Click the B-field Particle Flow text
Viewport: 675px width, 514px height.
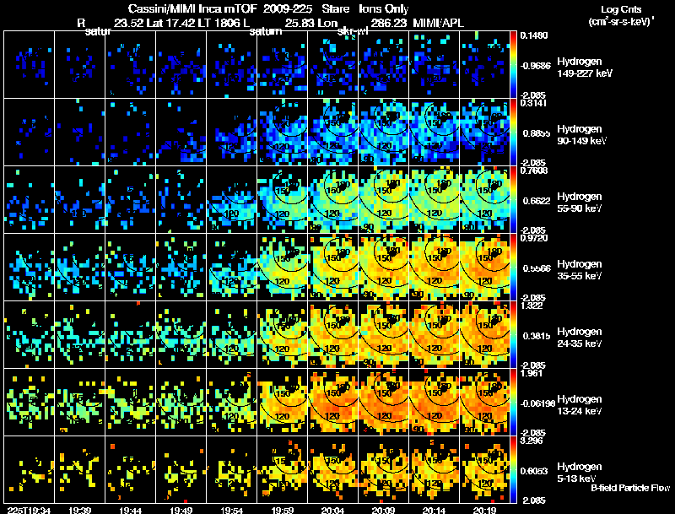click(629, 488)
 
